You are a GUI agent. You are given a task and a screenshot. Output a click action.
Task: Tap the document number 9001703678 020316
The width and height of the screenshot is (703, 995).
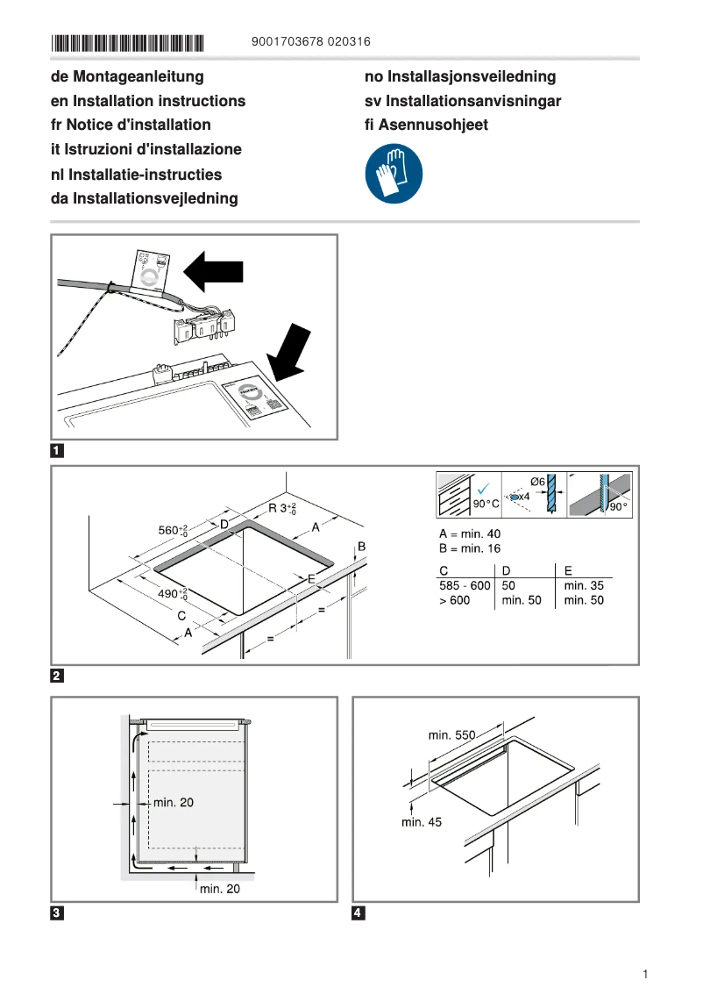[x=310, y=42]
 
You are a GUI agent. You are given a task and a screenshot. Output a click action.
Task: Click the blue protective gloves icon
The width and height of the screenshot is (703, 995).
[x=394, y=175]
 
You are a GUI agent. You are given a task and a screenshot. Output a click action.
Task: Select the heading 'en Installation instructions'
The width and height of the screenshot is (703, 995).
[x=148, y=101]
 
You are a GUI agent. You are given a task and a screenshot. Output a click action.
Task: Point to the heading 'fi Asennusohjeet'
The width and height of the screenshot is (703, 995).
[x=426, y=125]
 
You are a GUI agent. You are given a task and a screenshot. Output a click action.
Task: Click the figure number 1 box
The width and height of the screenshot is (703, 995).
[x=57, y=452]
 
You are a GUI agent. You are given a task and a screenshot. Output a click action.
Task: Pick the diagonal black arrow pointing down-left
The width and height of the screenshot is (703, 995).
[x=288, y=350]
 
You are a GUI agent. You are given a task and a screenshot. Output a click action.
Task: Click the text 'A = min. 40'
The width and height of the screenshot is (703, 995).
[x=469, y=534]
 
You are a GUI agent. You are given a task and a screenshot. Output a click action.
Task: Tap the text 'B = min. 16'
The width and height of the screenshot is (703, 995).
[x=469, y=549]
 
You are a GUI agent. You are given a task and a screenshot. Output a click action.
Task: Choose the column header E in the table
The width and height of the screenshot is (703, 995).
[x=568, y=571]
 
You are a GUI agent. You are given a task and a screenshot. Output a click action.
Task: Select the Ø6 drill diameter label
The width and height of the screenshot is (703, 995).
[x=537, y=482]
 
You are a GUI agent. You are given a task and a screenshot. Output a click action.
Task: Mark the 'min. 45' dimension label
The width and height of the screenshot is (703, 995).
[x=422, y=822]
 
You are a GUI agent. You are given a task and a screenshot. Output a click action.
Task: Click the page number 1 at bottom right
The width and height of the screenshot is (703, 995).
[x=644, y=975]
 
